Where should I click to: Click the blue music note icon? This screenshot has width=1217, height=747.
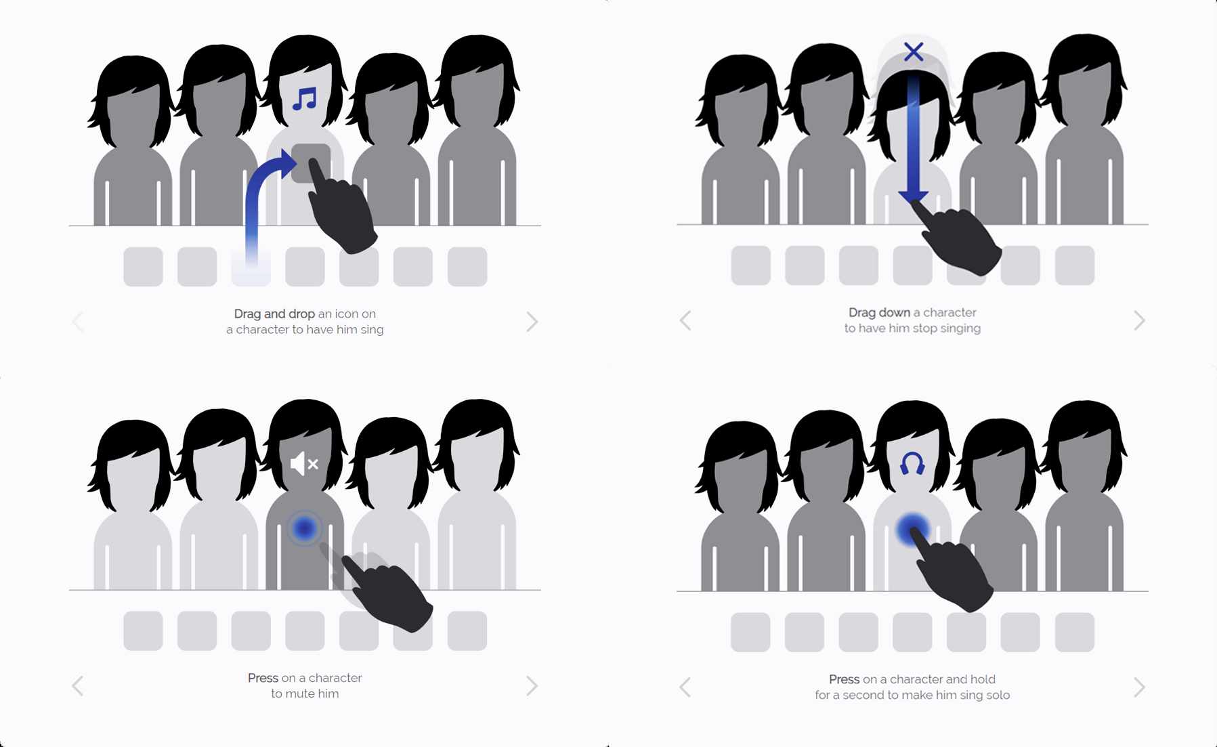coord(305,99)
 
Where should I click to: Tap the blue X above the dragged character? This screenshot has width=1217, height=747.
coord(914,51)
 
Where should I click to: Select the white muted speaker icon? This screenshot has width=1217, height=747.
coord(304,464)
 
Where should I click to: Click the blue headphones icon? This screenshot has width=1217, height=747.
coord(912,464)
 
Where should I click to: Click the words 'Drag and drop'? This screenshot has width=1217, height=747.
coord(274,314)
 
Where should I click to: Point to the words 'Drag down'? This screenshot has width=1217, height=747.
coord(879,312)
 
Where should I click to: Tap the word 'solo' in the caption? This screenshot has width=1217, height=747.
coord(996,695)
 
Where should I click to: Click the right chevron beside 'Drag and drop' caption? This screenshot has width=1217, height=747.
coord(532,321)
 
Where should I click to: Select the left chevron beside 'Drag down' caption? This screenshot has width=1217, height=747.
coord(685,320)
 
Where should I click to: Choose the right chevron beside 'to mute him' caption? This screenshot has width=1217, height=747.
coord(532,686)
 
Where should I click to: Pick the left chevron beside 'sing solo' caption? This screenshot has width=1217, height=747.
coord(685,687)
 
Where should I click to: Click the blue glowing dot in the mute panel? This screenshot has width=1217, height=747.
coord(305,528)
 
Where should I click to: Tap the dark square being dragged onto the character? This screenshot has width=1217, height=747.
coord(311,163)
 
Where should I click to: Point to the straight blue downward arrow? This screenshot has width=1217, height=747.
coord(914,139)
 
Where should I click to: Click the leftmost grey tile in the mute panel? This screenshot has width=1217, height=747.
coord(143,631)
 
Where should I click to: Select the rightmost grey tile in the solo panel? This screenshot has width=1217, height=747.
coord(1074,632)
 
